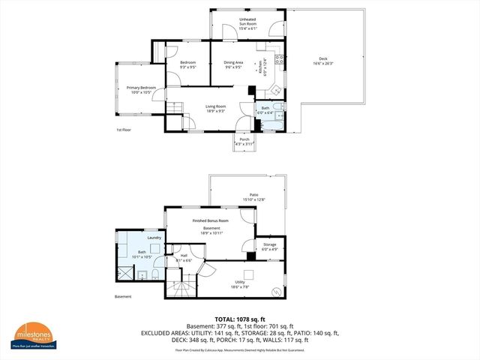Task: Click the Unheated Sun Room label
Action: click(x=247, y=22)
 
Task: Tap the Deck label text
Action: click(x=323, y=58)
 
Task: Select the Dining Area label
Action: click(x=233, y=63)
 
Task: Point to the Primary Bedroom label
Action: click(x=141, y=88)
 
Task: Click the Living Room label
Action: click(x=216, y=106)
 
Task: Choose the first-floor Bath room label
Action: click(x=265, y=109)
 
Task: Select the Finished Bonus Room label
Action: click(x=210, y=220)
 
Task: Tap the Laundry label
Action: click(x=154, y=238)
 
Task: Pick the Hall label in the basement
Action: click(x=183, y=256)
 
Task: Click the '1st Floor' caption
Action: click(x=124, y=130)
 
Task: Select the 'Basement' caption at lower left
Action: click(x=123, y=297)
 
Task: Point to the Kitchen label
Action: click(x=259, y=69)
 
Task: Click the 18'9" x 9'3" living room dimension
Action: click(x=216, y=111)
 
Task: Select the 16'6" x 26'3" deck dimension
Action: click(x=323, y=63)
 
